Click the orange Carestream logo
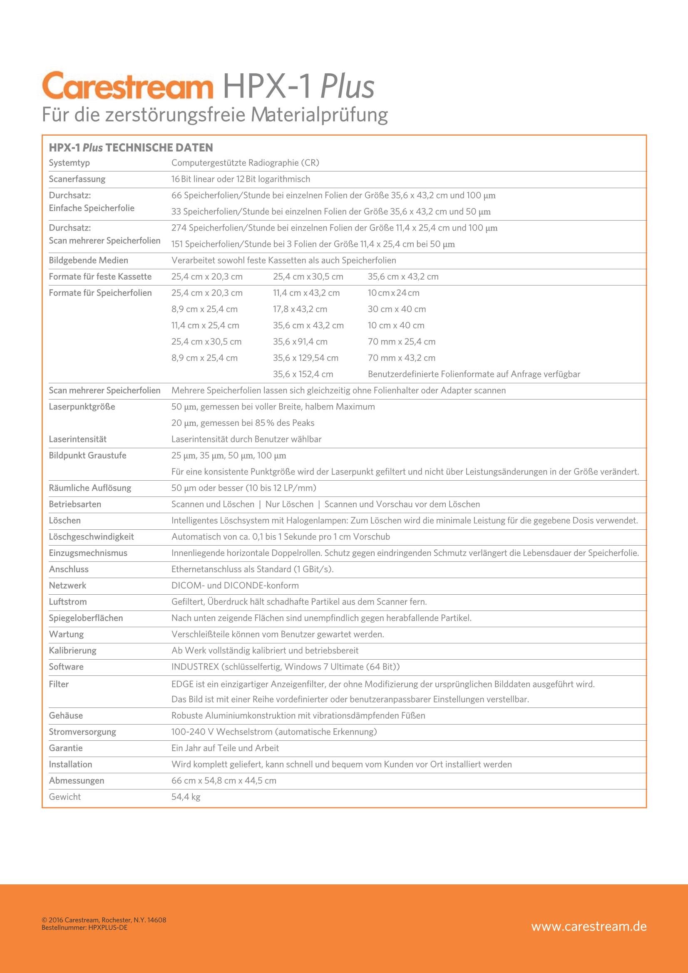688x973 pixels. (127, 86)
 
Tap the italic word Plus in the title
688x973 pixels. (347, 87)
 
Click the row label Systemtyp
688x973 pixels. (69, 163)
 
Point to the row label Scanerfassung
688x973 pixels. (77, 179)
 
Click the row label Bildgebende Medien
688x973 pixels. (88, 260)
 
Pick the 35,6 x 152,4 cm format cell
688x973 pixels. (303, 374)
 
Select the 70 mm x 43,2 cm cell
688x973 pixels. (402, 357)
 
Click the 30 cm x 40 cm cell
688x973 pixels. (397, 309)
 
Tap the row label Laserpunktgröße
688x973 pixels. (82, 407)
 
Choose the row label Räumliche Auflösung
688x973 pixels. (90, 488)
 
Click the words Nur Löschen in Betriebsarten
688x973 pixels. (289, 504)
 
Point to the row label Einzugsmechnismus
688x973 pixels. (88, 553)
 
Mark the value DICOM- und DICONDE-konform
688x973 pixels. (235, 585)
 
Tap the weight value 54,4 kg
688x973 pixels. (186, 797)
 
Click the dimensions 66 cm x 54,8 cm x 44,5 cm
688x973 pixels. (224, 781)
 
